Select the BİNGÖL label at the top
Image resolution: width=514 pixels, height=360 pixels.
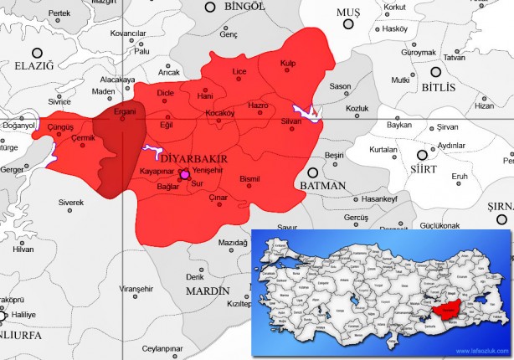click(x=244, y=7)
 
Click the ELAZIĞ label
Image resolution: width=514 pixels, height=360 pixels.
click(x=33, y=65)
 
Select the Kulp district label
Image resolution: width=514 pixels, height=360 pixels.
click(x=288, y=63)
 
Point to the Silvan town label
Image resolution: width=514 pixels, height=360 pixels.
click(x=290, y=121)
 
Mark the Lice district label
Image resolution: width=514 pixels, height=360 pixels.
click(x=239, y=73)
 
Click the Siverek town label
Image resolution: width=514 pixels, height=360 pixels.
click(x=71, y=203)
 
